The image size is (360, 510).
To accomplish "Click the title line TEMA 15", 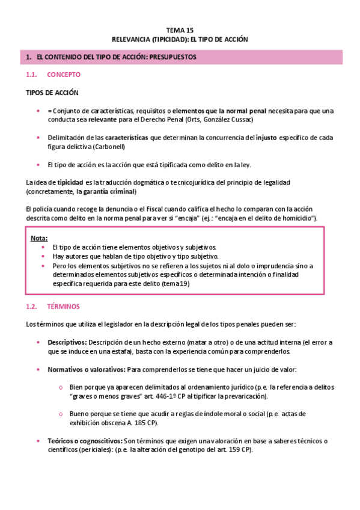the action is tap(180, 29).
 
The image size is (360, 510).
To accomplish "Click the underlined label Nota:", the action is tap(39, 238).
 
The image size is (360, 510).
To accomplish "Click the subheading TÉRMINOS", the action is tap(63, 307).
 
